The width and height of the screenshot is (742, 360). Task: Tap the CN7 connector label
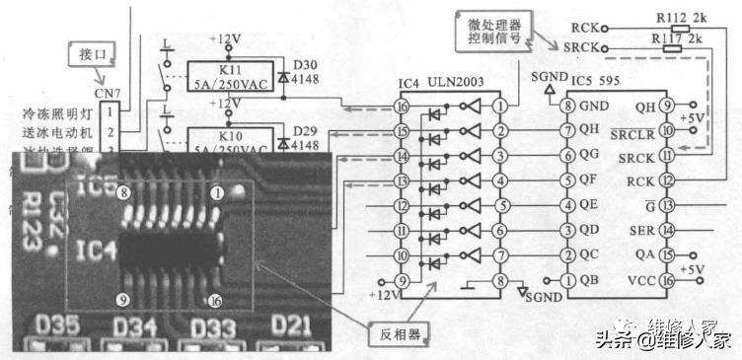tap(109, 95)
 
